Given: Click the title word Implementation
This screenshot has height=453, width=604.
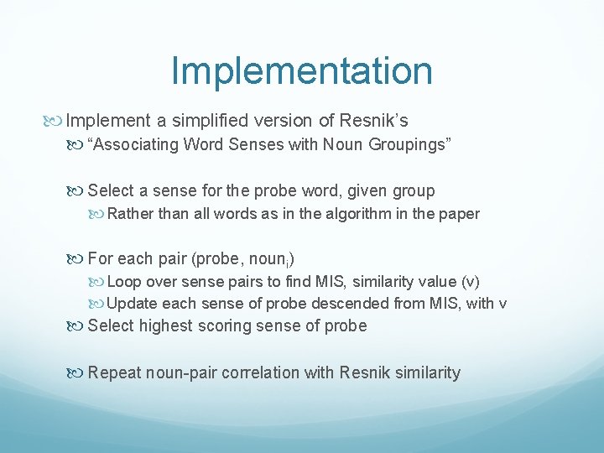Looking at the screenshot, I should click(302, 71).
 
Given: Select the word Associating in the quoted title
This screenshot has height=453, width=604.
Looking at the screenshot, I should click(138, 144).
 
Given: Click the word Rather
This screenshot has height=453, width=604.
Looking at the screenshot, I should click(131, 214).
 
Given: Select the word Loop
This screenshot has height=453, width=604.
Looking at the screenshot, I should click(124, 282).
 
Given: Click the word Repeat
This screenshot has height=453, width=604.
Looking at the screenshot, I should click(113, 372).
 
